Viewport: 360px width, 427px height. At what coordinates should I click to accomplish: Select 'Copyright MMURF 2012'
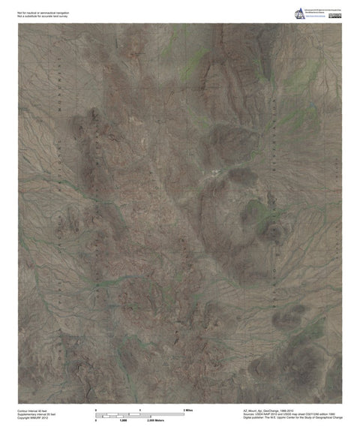[x=32, y=418]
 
